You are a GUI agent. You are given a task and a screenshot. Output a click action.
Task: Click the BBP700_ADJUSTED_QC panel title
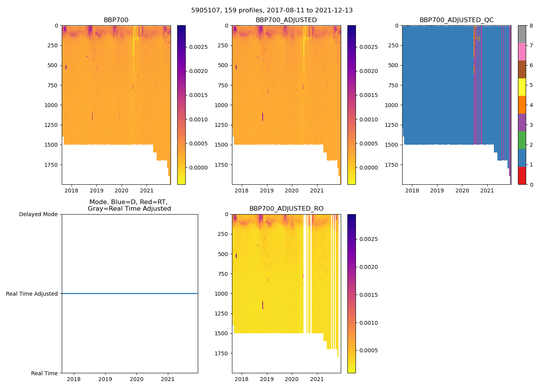tap(457, 20)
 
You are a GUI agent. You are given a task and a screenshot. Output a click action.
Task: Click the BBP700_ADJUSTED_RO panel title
tap(286, 209)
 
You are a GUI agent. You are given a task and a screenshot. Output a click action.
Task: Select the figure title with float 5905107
tap(272, 10)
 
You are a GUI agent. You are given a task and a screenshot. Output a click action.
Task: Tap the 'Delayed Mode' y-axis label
tap(38, 215)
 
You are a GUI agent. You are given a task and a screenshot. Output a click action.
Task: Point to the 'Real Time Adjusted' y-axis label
tap(32, 294)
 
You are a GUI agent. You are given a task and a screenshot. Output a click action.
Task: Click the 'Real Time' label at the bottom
tap(44, 373)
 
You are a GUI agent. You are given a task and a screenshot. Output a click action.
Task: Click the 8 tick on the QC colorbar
tap(531, 26)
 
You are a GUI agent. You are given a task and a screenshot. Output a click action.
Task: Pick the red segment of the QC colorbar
tap(522, 176)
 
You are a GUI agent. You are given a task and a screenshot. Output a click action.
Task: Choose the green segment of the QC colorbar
tap(522, 140)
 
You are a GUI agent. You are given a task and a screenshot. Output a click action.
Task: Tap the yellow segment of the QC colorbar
tap(522, 87)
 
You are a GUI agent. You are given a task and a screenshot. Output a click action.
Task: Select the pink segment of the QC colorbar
tap(522, 52)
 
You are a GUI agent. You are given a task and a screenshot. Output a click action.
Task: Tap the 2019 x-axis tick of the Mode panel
tap(105, 379)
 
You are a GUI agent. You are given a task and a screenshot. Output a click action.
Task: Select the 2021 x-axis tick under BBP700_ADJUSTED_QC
tap(487, 191)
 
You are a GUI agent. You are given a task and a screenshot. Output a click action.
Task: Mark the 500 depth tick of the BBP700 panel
tap(52, 66)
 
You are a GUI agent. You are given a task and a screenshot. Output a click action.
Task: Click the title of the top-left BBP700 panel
tap(116, 20)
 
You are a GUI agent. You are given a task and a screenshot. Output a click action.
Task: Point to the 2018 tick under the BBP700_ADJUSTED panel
tap(242, 191)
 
